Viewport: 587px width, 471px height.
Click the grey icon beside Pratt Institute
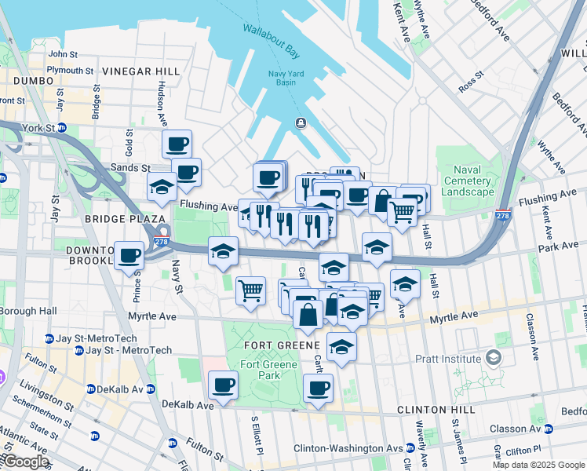click(x=493, y=358)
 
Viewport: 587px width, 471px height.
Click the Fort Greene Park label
click(x=269, y=370)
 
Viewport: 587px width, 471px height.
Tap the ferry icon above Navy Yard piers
click(x=300, y=122)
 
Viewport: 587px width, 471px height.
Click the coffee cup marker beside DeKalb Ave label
click(x=224, y=385)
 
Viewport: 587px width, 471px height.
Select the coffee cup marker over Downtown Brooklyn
click(x=129, y=254)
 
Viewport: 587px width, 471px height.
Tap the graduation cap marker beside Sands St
click(x=162, y=187)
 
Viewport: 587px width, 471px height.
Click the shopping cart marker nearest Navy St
click(x=251, y=290)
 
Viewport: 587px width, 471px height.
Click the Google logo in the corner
click(x=25, y=462)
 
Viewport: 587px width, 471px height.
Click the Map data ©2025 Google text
click(x=538, y=465)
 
